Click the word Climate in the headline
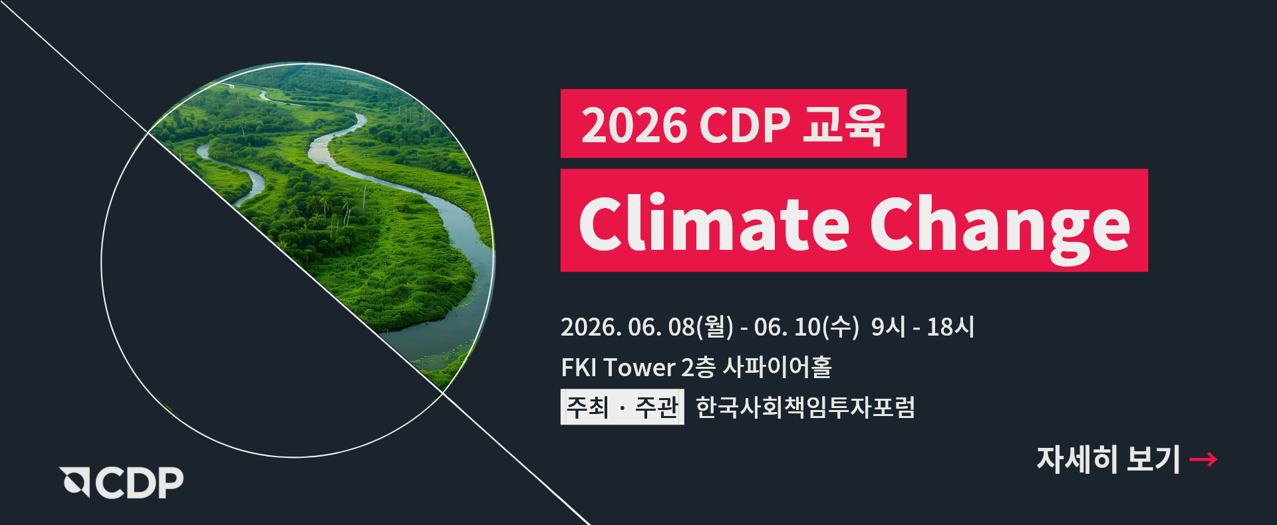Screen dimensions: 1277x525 (x=714, y=223)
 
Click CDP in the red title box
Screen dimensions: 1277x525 (x=744, y=125)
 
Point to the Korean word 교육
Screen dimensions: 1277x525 (x=843, y=124)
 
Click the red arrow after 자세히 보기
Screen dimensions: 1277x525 (x=1203, y=459)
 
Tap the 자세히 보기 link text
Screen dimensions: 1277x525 (x=1108, y=459)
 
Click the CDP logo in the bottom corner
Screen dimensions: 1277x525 (x=122, y=482)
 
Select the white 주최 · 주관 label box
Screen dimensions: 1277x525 (x=622, y=407)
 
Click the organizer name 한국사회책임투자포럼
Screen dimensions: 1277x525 (x=805, y=407)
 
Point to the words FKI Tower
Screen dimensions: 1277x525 (x=618, y=367)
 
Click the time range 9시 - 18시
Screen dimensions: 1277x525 (x=922, y=327)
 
